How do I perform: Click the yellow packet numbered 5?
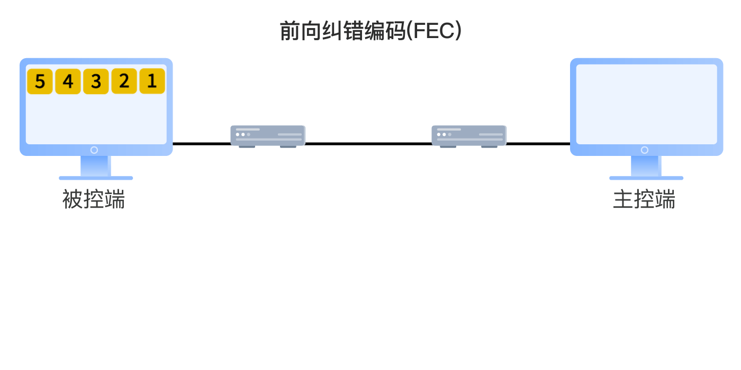coord(40,81)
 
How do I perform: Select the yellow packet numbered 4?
coord(68,81)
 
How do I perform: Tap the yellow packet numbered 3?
coord(96,81)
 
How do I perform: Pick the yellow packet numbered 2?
coord(124,81)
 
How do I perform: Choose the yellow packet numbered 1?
coord(152,81)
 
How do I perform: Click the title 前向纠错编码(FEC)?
coord(370,31)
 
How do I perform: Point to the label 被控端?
coord(94,200)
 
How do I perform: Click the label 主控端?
coord(644,200)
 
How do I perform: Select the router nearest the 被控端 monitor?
coord(268,135)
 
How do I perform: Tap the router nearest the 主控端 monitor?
coord(469,135)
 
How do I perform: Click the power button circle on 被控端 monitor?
coord(94,150)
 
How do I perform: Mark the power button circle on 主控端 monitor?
coord(645,150)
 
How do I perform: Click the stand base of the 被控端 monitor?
coord(96,178)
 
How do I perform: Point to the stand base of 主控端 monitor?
coord(646,178)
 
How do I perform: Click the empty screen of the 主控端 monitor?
coord(646,104)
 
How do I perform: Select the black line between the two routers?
coord(368,143)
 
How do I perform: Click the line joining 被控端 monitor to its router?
coord(201,143)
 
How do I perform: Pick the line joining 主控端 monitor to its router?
coord(538,143)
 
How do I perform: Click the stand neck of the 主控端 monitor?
coord(646,165)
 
